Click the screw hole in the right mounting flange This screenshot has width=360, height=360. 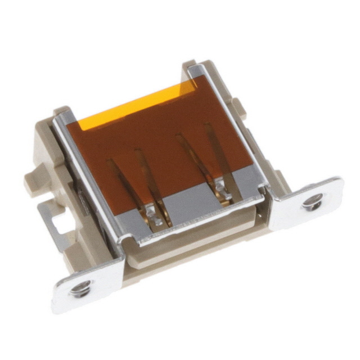click(x=312, y=201)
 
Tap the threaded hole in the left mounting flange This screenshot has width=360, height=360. click(x=78, y=289)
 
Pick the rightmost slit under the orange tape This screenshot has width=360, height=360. click(x=216, y=149)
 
